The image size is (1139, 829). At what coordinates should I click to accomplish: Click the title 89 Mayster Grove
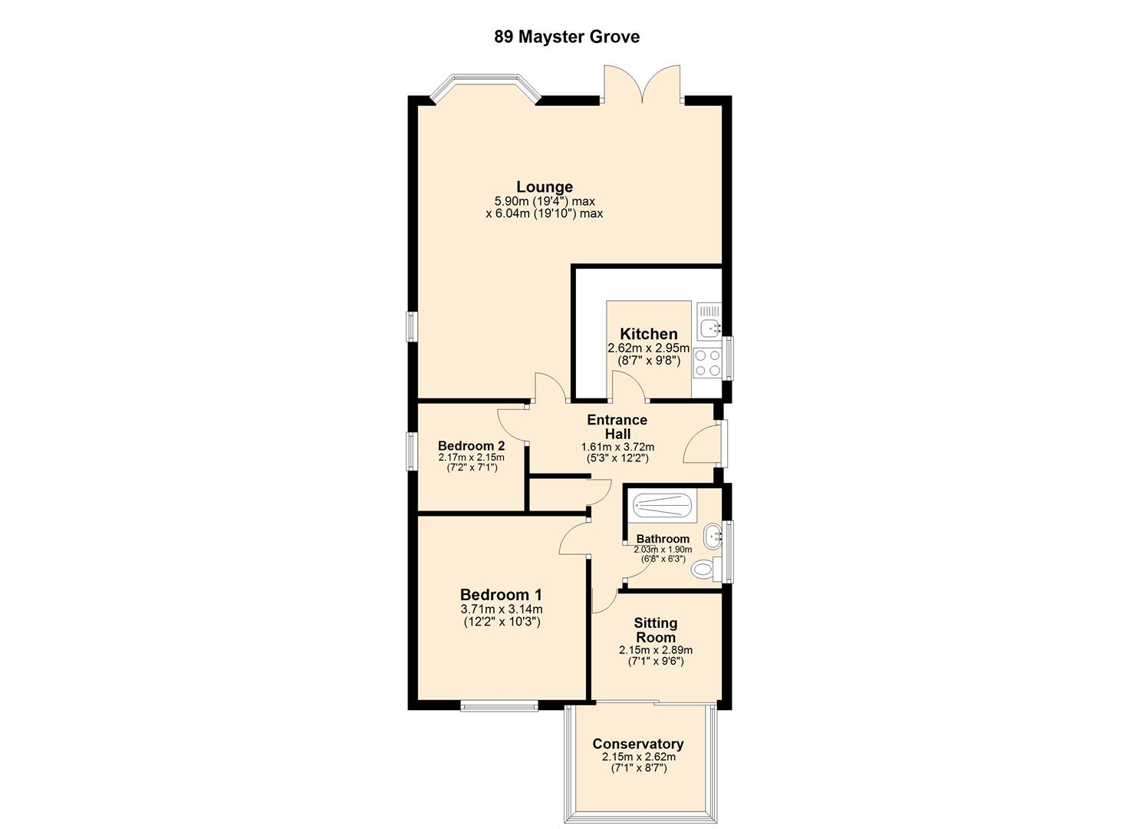pyautogui.click(x=566, y=37)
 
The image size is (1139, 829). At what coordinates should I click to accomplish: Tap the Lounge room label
pyautogui.click(x=544, y=187)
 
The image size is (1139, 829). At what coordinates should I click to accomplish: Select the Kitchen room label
pyautogui.click(x=648, y=334)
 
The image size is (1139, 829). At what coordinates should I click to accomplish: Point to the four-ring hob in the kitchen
pyautogui.click(x=707, y=362)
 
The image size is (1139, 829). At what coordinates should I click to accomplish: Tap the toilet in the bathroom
pyautogui.click(x=703, y=570)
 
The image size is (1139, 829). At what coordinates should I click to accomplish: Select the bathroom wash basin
pyautogui.click(x=713, y=535)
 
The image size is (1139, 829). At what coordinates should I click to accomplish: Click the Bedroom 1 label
pyautogui.click(x=501, y=594)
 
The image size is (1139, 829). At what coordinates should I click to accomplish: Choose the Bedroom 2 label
pyautogui.click(x=471, y=446)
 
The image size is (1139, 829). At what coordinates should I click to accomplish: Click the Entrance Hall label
pyautogui.click(x=617, y=427)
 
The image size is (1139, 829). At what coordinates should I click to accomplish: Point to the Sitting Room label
pyautogui.click(x=655, y=630)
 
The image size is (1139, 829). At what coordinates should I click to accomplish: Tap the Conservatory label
pyautogui.click(x=637, y=744)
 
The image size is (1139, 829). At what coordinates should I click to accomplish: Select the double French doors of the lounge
pyautogui.click(x=642, y=84)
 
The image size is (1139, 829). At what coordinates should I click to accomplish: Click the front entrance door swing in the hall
pyautogui.click(x=700, y=446)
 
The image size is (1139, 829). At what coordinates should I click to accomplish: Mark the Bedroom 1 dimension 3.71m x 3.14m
pyautogui.click(x=501, y=609)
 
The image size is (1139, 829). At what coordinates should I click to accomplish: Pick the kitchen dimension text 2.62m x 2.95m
pyautogui.click(x=648, y=348)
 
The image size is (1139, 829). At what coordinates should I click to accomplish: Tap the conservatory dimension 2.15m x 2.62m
pyautogui.click(x=638, y=757)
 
